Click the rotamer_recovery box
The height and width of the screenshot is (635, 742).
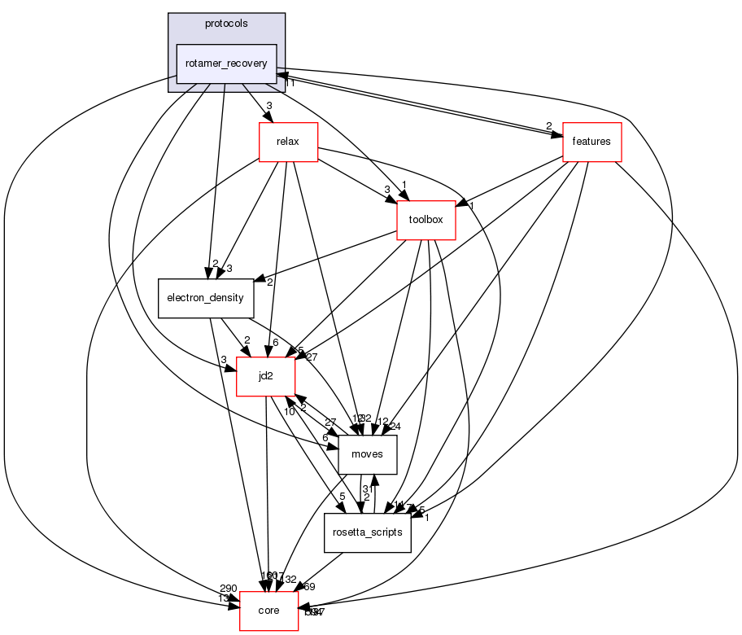pyautogui.click(x=227, y=63)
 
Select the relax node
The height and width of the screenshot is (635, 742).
pyautogui.click(x=288, y=142)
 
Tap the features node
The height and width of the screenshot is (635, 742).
pyautogui.click(x=591, y=142)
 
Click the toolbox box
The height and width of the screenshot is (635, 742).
pyautogui.click(x=426, y=220)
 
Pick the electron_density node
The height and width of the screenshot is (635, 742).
pyautogui.click(x=205, y=298)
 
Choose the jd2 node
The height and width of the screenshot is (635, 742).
pyautogui.click(x=265, y=376)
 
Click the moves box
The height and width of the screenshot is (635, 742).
pyautogui.click(x=367, y=454)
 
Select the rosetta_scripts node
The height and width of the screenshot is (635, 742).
pyautogui.click(x=367, y=532)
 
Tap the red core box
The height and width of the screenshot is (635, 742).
pyautogui.click(x=268, y=611)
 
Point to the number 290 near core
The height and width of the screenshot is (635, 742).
pyautogui.click(x=228, y=588)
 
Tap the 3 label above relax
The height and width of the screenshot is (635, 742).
pyautogui.click(x=268, y=106)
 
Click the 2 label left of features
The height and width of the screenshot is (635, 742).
pyautogui.click(x=548, y=125)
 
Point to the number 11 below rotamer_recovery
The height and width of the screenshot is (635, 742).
pyautogui.click(x=289, y=83)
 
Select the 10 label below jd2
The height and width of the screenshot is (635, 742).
pyautogui.click(x=290, y=411)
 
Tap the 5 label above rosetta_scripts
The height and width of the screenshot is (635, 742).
pyautogui.click(x=343, y=497)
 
